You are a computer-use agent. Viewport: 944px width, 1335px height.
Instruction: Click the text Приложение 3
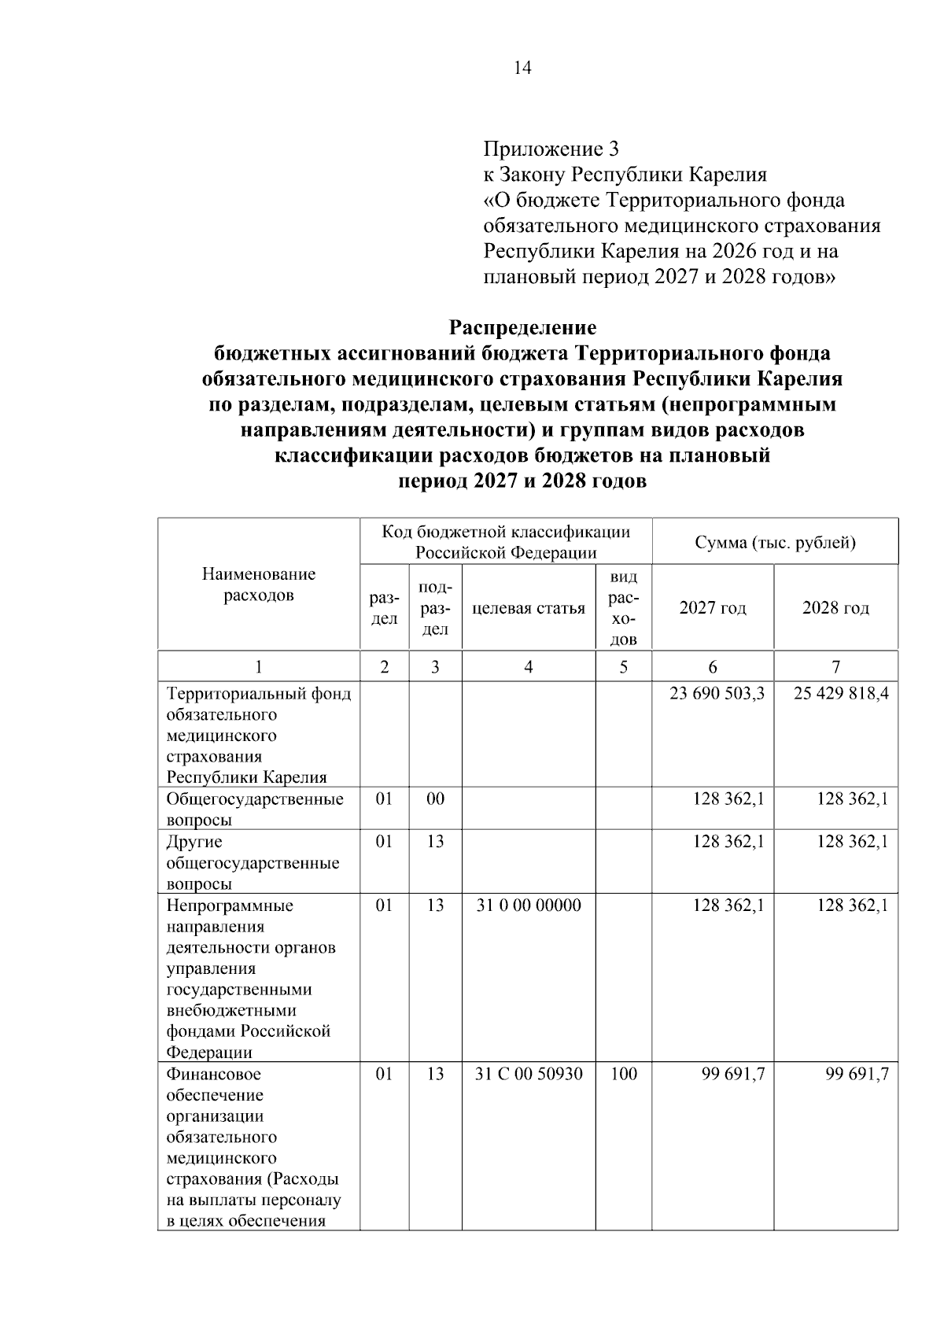[x=551, y=149]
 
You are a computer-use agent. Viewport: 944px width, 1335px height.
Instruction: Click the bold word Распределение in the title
[x=522, y=327]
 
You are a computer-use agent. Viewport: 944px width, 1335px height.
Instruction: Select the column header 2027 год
[x=713, y=608]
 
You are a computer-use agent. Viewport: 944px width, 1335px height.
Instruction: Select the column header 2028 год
[x=835, y=608]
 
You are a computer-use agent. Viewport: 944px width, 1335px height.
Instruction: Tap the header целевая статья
[x=529, y=608]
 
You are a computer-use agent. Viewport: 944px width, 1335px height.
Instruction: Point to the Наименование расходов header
[x=259, y=585]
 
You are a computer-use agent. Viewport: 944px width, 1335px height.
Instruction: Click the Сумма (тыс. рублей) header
[x=775, y=542]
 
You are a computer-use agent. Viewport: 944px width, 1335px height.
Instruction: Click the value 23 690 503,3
[x=717, y=694]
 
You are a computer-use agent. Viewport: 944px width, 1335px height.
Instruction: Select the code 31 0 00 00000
[x=529, y=905]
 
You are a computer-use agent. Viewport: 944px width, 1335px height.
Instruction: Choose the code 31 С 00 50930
[x=529, y=1074]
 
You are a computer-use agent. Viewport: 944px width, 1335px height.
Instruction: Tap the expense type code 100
[x=623, y=1074]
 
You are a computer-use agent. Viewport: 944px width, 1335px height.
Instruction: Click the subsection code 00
[x=435, y=799]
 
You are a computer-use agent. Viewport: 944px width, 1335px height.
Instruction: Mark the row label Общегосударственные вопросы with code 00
[x=255, y=809]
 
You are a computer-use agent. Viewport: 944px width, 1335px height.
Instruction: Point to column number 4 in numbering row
[x=529, y=667]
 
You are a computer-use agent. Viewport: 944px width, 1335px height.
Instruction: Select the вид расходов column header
[x=623, y=608]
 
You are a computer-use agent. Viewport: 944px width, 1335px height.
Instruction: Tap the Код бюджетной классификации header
[x=506, y=542]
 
